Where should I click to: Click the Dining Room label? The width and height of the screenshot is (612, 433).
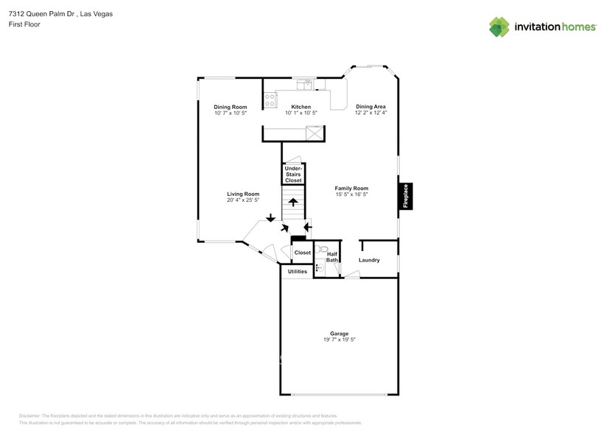tap(230, 107)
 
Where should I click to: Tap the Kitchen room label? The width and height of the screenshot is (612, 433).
tap(300, 107)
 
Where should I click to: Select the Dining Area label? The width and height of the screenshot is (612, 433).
tap(370, 107)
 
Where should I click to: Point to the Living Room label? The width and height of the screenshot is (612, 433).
tap(242, 194)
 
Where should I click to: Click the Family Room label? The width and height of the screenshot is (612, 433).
tap(351, 189)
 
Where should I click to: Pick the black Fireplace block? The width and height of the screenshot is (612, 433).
tap(405, 196)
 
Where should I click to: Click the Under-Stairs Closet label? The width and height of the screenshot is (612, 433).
tap(293, 175)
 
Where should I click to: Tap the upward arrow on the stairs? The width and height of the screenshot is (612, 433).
tap(293, 202)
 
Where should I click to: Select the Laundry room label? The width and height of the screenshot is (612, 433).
tap(369, 260)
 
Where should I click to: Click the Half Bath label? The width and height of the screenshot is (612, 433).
tap(332, 257)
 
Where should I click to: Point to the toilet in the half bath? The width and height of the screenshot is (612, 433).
tap(321, 250)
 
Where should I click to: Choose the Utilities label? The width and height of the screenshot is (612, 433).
tap(298, 272)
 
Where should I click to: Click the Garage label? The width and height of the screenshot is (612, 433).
tap(340, 334)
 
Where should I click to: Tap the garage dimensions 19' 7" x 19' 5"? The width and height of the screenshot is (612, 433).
tap(340, 340)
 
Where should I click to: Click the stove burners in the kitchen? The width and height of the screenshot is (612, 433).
tap(270, 99)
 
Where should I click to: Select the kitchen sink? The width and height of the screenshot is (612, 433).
tap(310, 84)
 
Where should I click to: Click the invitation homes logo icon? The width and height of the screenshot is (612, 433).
tap(500, 27)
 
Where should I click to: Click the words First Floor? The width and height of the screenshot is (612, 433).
tap(25, 24)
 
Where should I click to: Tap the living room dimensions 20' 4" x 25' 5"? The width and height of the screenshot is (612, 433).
tap(242, 200)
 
